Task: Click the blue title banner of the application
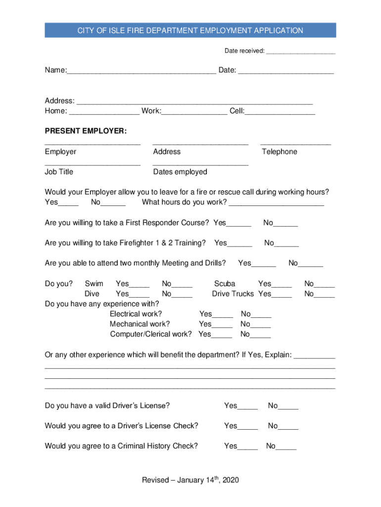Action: tap(190, 31)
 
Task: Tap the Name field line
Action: tap(141, 71)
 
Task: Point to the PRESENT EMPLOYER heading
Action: tap(86, 131)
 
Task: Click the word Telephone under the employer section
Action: tap(280, 152)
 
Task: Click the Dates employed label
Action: tap(180, 172)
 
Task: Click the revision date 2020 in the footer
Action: tap(231, 480)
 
